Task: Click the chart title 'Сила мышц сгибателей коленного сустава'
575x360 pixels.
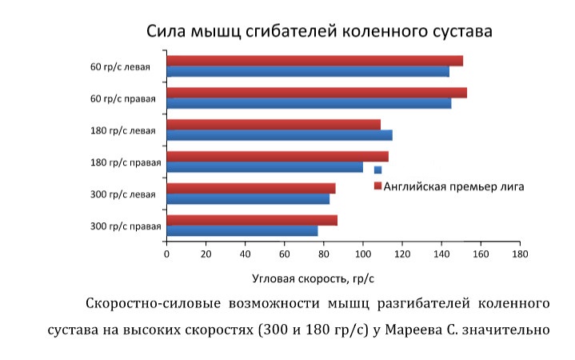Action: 318,31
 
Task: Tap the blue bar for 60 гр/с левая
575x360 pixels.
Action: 308,71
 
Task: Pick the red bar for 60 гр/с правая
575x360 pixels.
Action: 317,93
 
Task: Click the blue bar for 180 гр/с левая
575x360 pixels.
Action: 279,135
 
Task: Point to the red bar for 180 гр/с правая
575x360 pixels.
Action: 277,157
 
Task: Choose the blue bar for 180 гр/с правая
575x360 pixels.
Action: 265,167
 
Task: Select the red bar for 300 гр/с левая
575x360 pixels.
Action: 250,189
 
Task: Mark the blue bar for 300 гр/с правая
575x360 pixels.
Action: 242,231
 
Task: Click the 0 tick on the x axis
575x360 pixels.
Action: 166,254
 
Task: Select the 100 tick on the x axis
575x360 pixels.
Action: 362,254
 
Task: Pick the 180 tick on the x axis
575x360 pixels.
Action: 520,254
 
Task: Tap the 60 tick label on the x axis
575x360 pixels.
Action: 284,254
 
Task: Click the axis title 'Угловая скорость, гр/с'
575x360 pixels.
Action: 313,279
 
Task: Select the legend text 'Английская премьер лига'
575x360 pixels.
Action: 453,186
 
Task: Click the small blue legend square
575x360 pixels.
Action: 377,170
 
